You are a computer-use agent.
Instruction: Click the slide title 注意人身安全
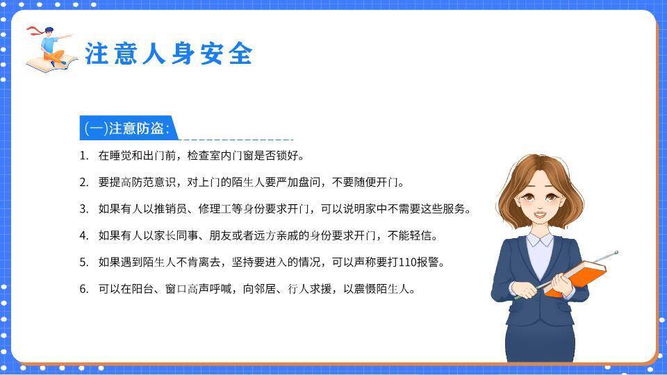[x=168, y=53]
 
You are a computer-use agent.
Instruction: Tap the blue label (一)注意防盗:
[x=126, y=128]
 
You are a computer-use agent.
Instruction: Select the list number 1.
[x=83, y=156]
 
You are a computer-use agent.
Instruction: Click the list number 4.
[x=83, y=235]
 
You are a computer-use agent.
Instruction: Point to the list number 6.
[x=83, y=289]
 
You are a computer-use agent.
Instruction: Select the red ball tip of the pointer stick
[x=616, y=253]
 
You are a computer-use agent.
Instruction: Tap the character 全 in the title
[x=240, y=53]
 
